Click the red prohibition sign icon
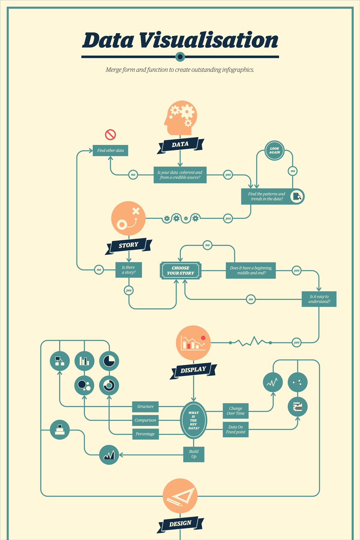pos(110,135)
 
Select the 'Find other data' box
pos(110,151)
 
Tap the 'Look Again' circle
pos(274,151)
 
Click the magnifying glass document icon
pos(297,196)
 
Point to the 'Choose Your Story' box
pos(181,271)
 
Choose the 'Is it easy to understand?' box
pos(319,299)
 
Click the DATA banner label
pos(180,145)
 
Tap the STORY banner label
pos(128,245)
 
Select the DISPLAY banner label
pos(193,370)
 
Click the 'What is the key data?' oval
pos(193,420)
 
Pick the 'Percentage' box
pos(145,434)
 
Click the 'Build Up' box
pos(194,454)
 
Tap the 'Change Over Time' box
pos(236,411)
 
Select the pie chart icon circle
pos(109,361)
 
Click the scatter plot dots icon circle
pos(298,382)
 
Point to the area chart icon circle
pos(109,455)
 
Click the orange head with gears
pos(181,118)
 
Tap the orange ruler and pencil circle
pos(180,496)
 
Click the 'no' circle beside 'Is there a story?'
pos(99,270)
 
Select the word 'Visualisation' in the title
pos(208,40)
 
